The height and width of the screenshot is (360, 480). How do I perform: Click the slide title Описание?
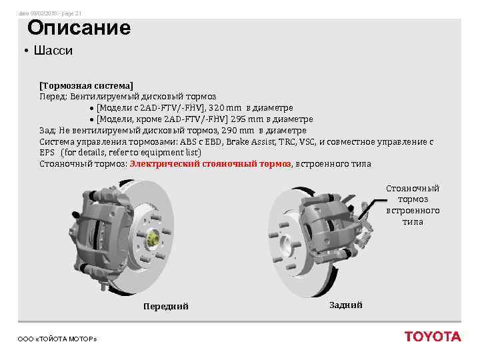pos(79,28)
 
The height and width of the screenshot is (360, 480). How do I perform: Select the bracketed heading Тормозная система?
pos(86,86)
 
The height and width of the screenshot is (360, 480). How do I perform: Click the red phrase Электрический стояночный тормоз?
pos(211,164)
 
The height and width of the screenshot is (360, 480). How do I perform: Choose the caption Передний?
pos(166,306)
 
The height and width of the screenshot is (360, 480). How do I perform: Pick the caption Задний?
pos(346,305)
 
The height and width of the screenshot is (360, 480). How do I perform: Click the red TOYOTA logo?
pos(432,337)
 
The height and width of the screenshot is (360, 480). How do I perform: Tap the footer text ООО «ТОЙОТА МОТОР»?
pos(57,339)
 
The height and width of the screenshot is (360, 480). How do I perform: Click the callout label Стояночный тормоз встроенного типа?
pos(413,205)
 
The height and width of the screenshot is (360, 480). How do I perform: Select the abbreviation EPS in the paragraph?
pos(47,153)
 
